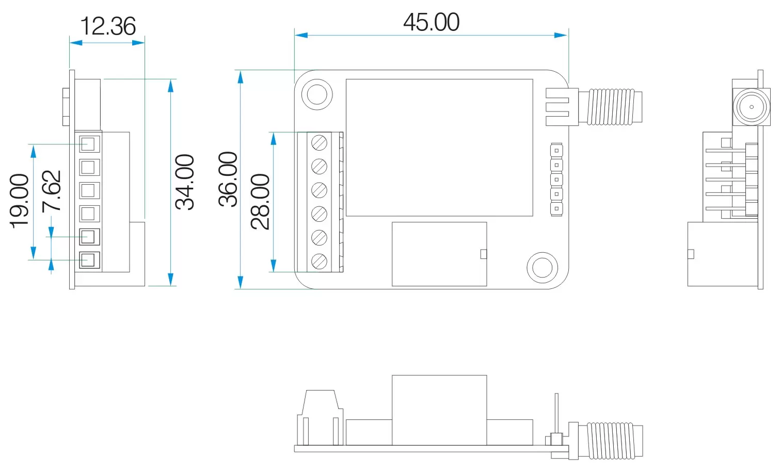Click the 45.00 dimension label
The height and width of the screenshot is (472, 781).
(x=431, y=22)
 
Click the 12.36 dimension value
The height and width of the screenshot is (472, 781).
(x=107, y=26)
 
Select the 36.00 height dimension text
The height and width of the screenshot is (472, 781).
(x=228, y=179)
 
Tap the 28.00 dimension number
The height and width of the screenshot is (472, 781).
(x=261, y=201)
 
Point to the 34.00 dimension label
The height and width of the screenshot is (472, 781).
(x=185, y=182)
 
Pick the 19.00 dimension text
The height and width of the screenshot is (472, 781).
(x=20, y=201)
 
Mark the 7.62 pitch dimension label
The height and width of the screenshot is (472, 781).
(x=52, y=191)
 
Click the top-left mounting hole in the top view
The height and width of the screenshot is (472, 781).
(x=316, y=94)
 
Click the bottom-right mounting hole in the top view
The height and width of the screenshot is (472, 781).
(x=542, y=267)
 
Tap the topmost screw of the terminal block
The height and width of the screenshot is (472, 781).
(x=320, y=142)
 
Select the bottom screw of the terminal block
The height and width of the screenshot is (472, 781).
(x=320, y=261)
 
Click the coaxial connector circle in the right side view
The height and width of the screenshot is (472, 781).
(x=751, y=107)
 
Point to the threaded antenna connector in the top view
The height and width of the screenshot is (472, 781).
(x=611, y=107)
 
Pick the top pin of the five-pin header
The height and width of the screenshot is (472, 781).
(x=556, y=151)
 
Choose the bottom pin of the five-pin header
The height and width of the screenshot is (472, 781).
(x=556, y=209)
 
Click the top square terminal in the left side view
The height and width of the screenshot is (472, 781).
(x=88, y=143)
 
